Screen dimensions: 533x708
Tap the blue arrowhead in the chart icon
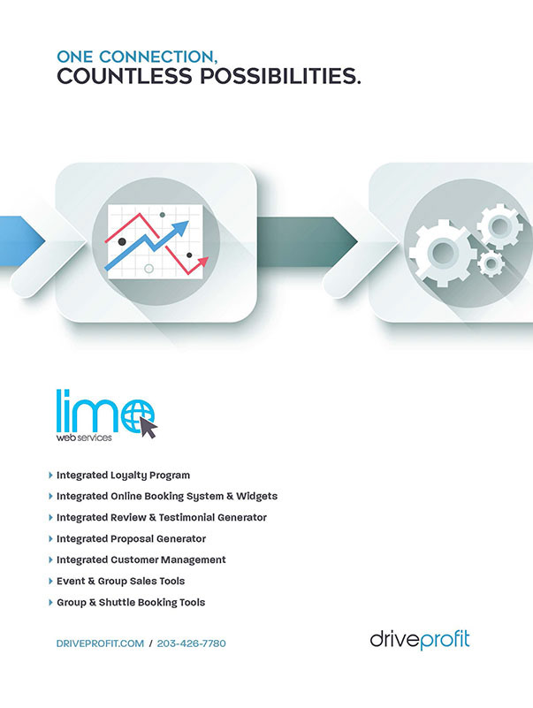click(180, 228)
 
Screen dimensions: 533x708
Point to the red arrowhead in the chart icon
click(204, 261)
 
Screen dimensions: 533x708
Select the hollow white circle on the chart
click(148, 268)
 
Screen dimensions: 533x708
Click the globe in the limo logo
click(138, 413)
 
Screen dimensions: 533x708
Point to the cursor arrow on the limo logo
click(148, 429)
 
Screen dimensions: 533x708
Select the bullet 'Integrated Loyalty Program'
click(123, 476)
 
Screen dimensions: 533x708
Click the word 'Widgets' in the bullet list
click(255, 497)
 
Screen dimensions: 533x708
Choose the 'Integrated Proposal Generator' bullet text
click(131, 539)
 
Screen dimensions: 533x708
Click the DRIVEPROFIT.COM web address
click(99, 644)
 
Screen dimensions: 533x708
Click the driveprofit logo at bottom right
click(420, 639)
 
